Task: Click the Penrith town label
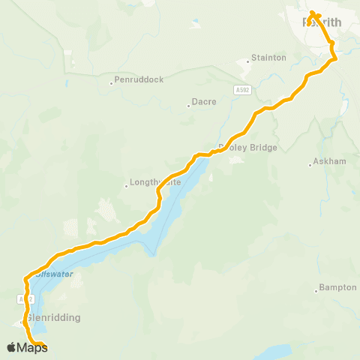coord(322,22)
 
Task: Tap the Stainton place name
coord(268,57)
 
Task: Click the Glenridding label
coord(53,317)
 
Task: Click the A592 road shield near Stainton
coord(241,89)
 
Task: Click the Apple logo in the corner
coord(11,347)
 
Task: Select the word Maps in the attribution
coord(32,347)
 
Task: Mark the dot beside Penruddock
coord(111,83)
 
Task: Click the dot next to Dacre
coord(188,106)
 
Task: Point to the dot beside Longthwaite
coord(126,186)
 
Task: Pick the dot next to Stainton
coord(248,61)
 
